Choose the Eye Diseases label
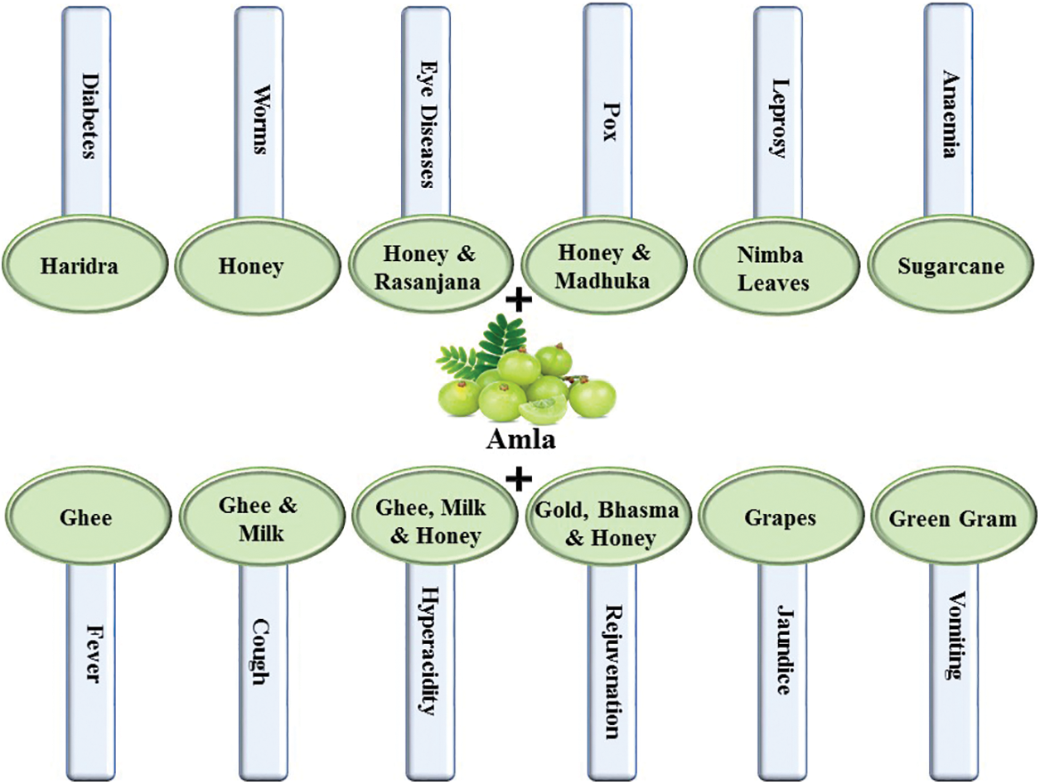coord(426,112)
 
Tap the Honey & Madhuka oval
coord(602,266)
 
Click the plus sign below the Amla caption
coord(519,477)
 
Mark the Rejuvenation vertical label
coord(612,667)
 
